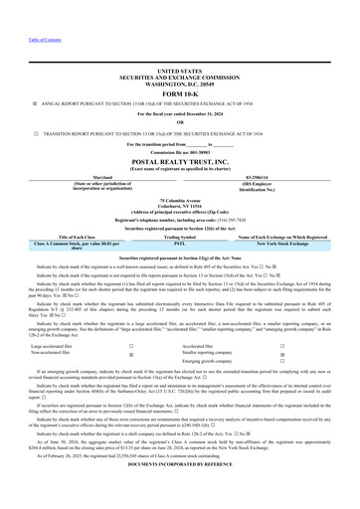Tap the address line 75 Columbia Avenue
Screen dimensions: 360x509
click(x=179, y=199)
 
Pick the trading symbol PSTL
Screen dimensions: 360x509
click(x=179, y=242)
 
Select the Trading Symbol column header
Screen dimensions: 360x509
click(x=179, y=236)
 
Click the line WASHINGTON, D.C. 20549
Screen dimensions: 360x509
click(x=179, y=83)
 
